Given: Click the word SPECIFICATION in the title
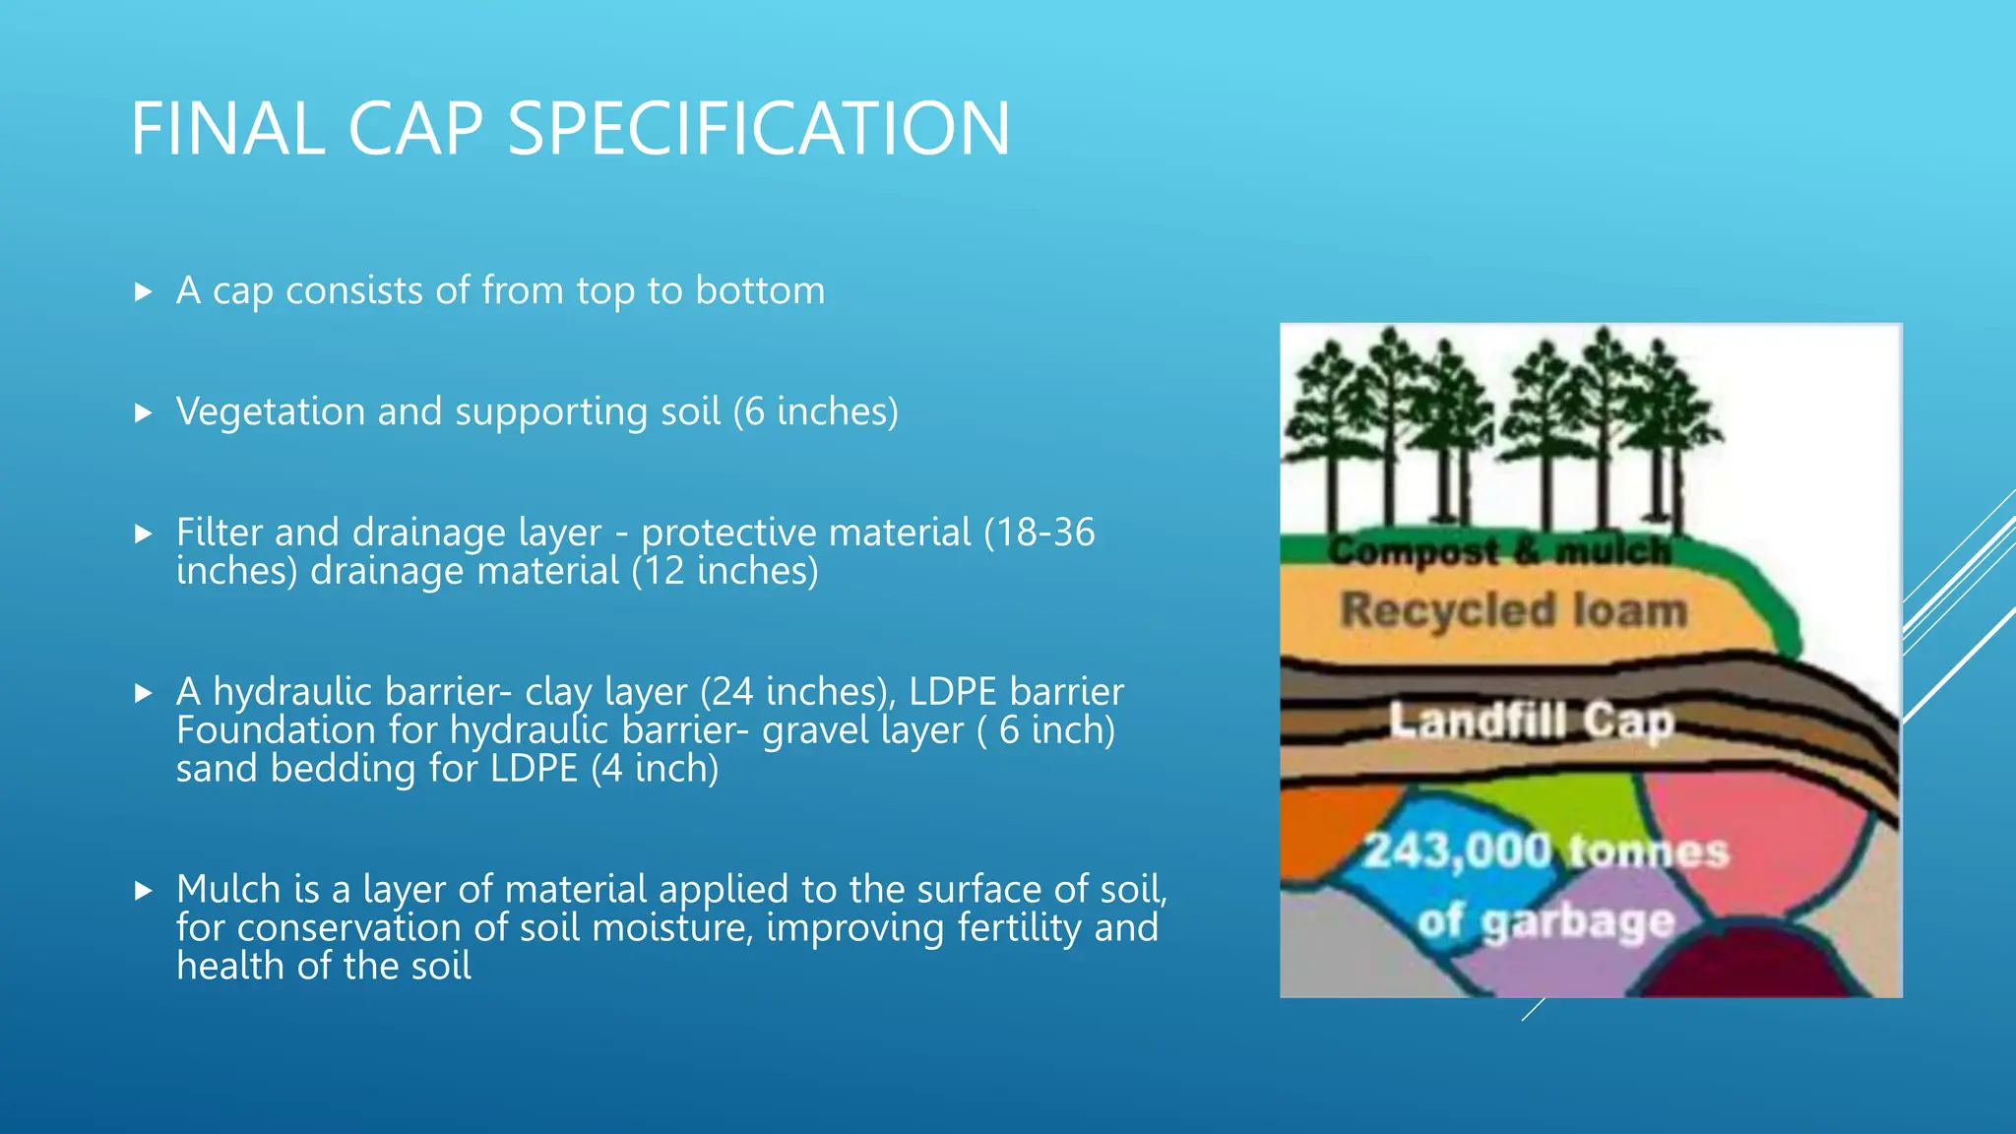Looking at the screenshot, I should click(x=758, y=129).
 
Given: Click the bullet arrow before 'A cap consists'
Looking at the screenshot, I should click(x=144, y=292).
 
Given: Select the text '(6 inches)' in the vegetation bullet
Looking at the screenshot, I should click(x=815, y=411).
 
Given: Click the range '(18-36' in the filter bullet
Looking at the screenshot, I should click(x=1039, y=533).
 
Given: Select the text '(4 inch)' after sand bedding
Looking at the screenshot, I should click(x=655, y=769).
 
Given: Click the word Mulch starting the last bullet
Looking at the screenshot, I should click(x=228, y=889).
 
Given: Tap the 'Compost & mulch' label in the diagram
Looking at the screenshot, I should click(x=1499, y=551).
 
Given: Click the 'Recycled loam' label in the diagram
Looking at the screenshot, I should click(x=1513, y=610).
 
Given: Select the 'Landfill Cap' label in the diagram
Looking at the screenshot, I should click(x=1531, y=722).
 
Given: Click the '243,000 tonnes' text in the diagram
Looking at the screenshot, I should click(x=1545, y=850).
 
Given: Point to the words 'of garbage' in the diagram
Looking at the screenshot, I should click(x=1545, y=921).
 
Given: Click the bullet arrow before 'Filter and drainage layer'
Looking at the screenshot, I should click(x=144, y=535).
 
